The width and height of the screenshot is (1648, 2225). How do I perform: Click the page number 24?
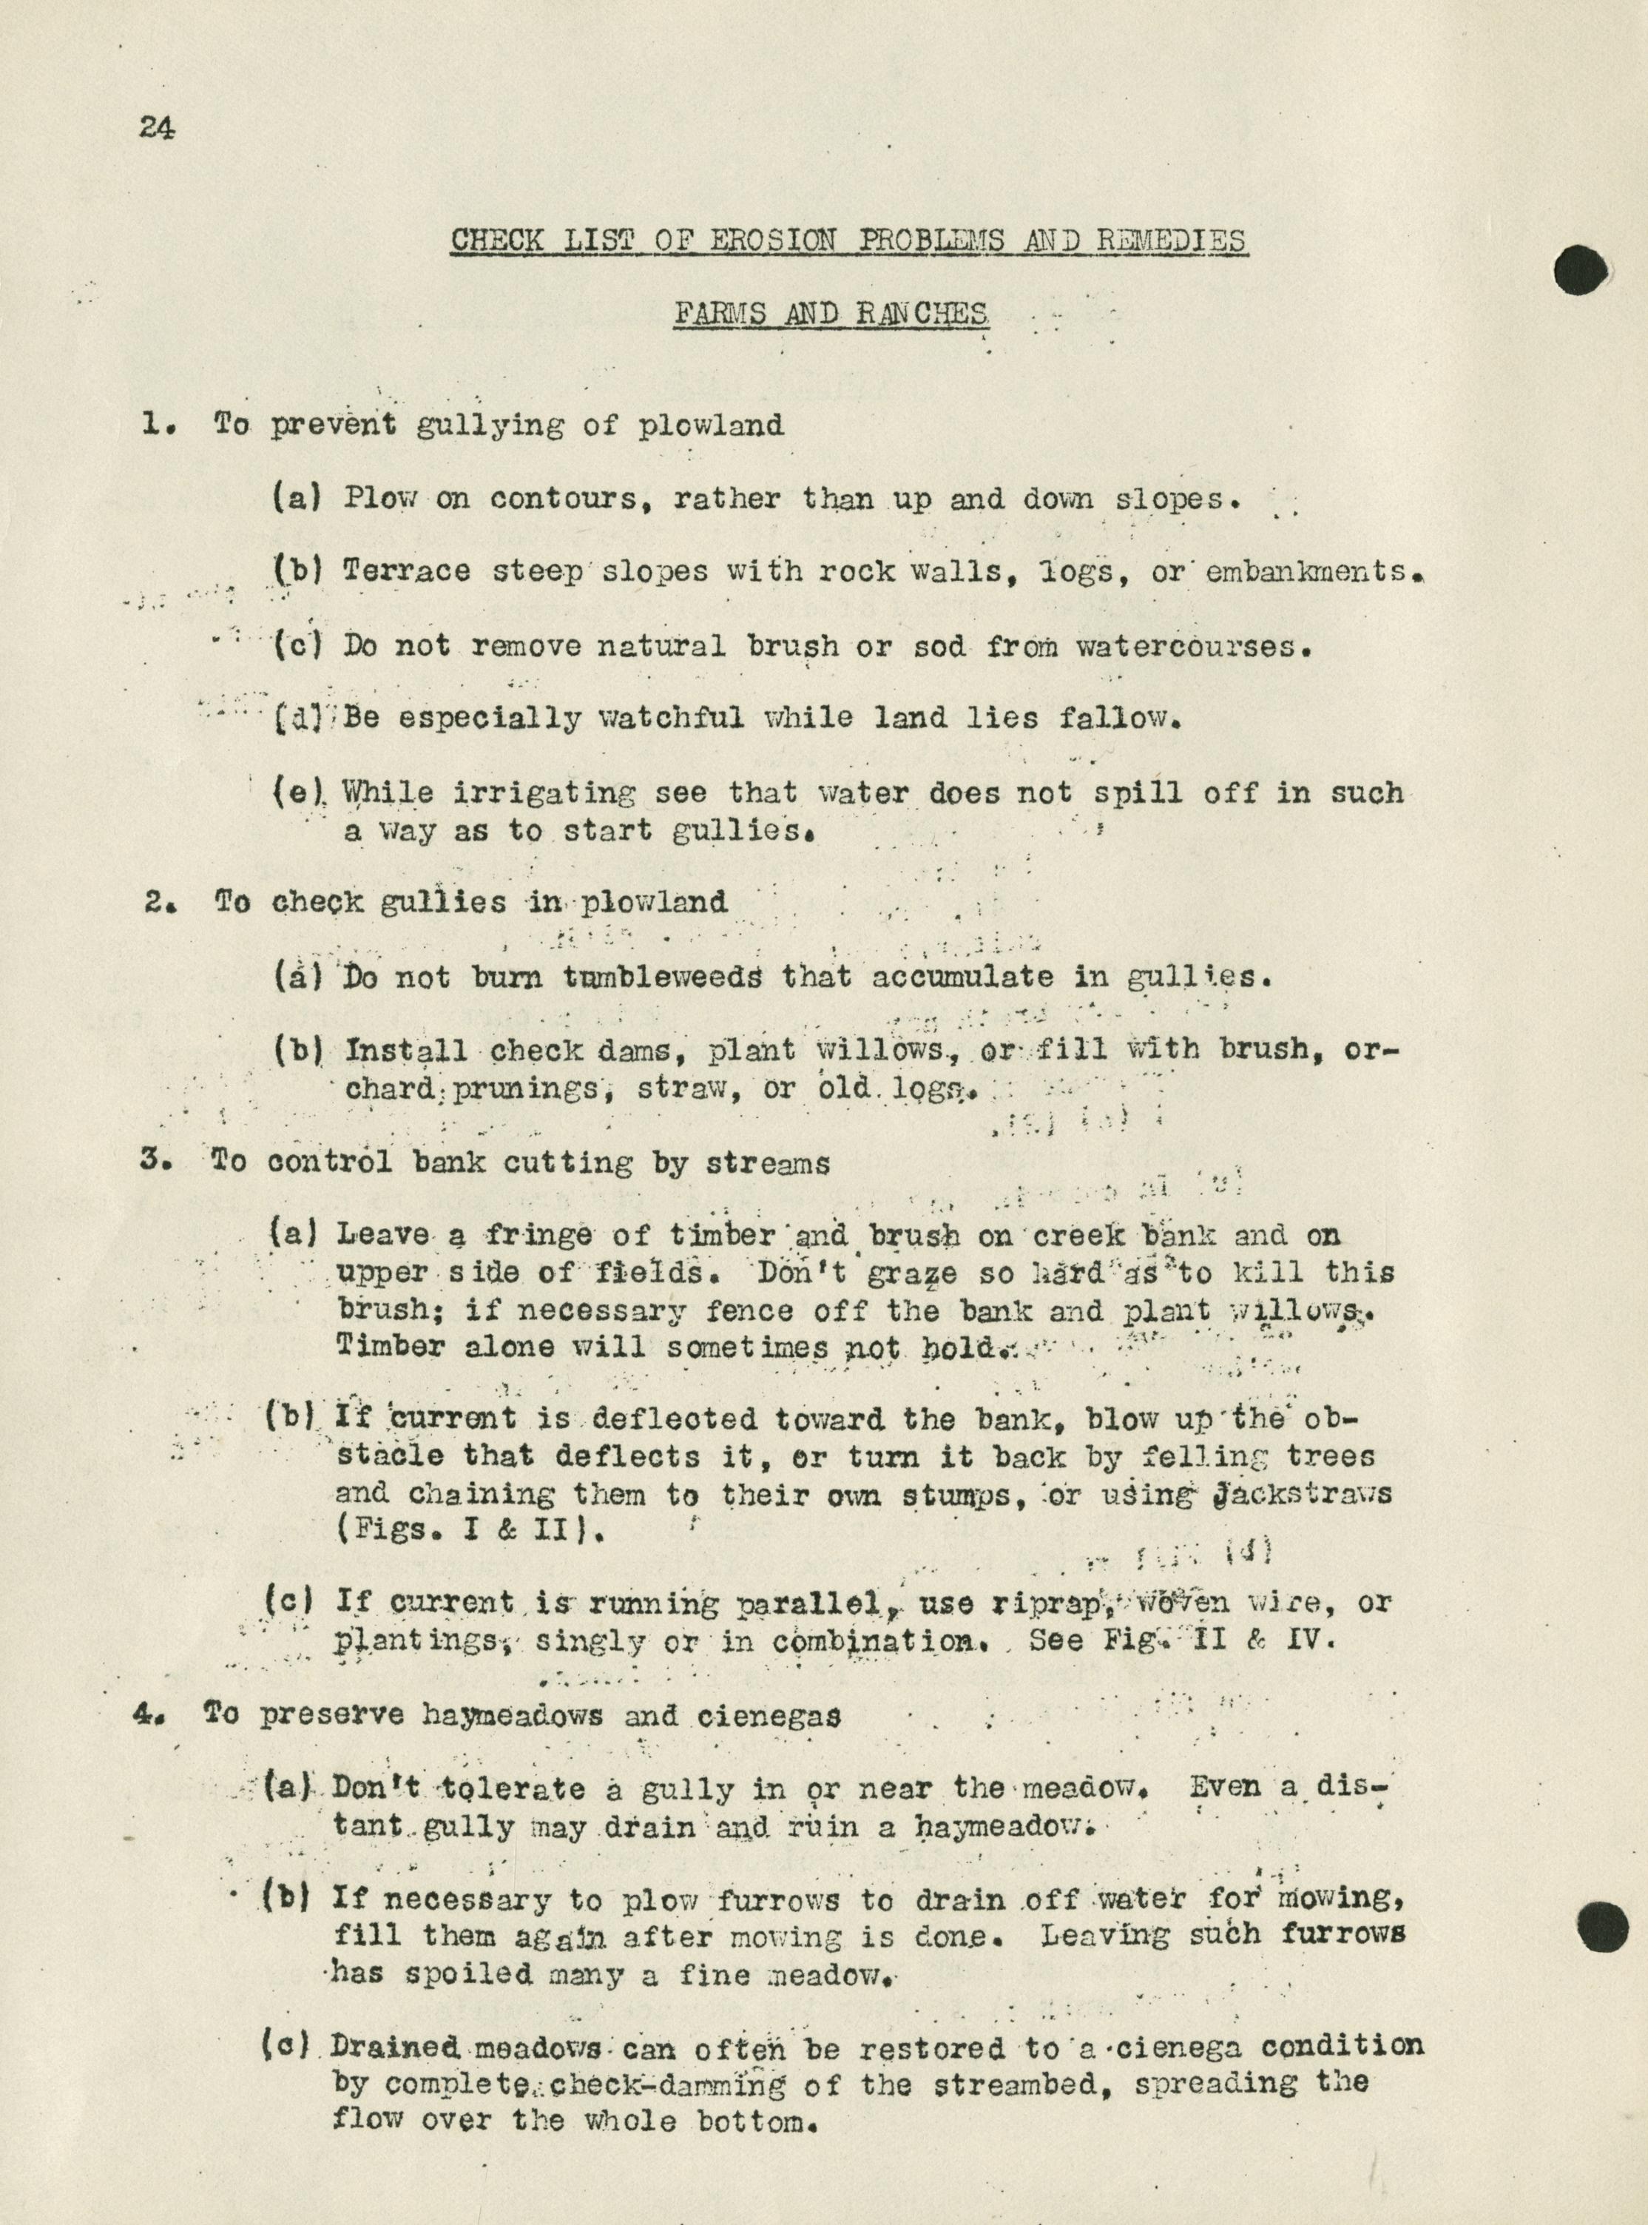157,129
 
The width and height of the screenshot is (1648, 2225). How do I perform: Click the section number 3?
152,1162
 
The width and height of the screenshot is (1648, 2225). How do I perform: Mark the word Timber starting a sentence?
392,1345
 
